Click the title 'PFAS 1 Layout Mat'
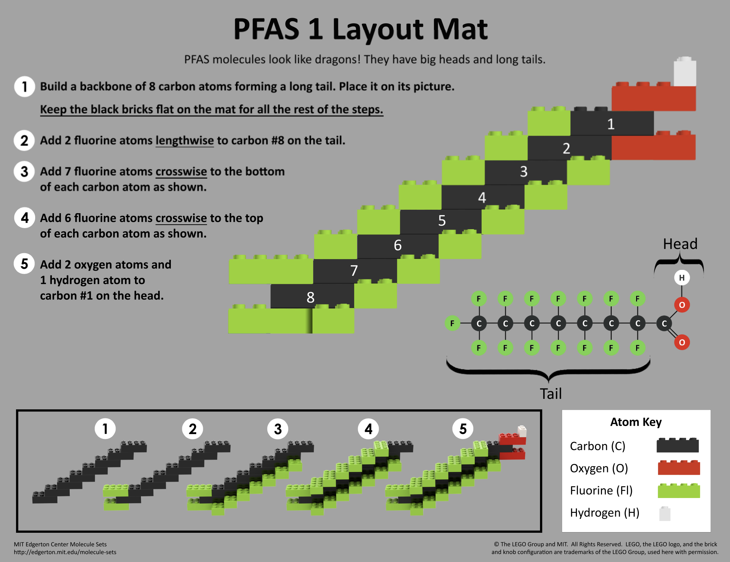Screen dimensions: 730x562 coord(360,29)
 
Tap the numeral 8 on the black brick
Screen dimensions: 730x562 coord(310,297)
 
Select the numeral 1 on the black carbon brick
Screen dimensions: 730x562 coord(611,124)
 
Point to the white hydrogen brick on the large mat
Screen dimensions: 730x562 coord(685,71)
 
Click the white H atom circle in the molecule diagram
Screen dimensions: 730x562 coord(682,278)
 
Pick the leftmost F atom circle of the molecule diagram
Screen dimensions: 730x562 coord(452,323)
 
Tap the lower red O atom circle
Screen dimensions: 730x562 coord(682,343)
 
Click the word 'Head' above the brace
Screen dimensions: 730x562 coord(680,244)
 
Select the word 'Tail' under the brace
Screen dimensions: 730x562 coord(550,394)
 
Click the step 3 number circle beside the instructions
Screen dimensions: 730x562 coord(24,171)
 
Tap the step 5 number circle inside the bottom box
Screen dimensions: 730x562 coord(462,428)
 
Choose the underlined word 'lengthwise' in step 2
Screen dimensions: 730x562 coord(184,140)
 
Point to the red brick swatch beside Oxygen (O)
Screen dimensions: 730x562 coord(679,467)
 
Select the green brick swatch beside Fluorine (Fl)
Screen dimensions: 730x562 coord(679,490)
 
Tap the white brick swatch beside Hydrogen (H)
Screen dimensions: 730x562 coord(665,513)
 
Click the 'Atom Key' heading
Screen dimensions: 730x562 coord(636,422)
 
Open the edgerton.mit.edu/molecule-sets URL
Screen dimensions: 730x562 coord(65,552)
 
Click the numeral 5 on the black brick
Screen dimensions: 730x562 coord(442,220)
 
